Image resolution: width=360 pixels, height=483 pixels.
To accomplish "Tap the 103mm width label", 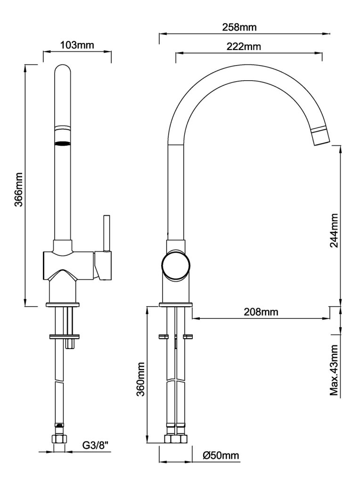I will click(x=77, y=45).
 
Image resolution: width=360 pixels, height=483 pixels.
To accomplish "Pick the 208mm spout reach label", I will click(x=261, y=312).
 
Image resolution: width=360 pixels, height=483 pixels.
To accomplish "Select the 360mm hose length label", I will click(x=140, y=380).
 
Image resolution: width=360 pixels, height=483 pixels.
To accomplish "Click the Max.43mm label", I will click(x=335, y=372).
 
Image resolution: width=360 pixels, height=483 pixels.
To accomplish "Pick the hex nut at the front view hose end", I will click(x=58, y=440).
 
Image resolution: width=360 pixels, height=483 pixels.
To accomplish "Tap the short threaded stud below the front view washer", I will click(x=71, y=344).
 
